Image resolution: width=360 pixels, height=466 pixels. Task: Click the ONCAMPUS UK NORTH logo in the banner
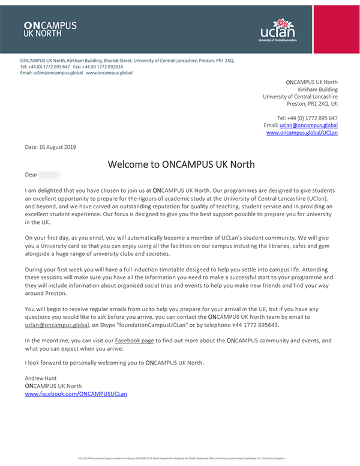coord(50,29)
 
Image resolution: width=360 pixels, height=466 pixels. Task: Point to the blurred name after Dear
coord(50,175)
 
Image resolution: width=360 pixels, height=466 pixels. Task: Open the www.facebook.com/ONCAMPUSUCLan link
coord(76,394)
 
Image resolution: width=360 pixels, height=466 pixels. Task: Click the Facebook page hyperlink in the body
coord(136,340)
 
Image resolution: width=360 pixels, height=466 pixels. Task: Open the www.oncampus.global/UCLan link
coord(302,133)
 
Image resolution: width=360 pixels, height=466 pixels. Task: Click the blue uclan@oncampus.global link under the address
coord(308,125)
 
